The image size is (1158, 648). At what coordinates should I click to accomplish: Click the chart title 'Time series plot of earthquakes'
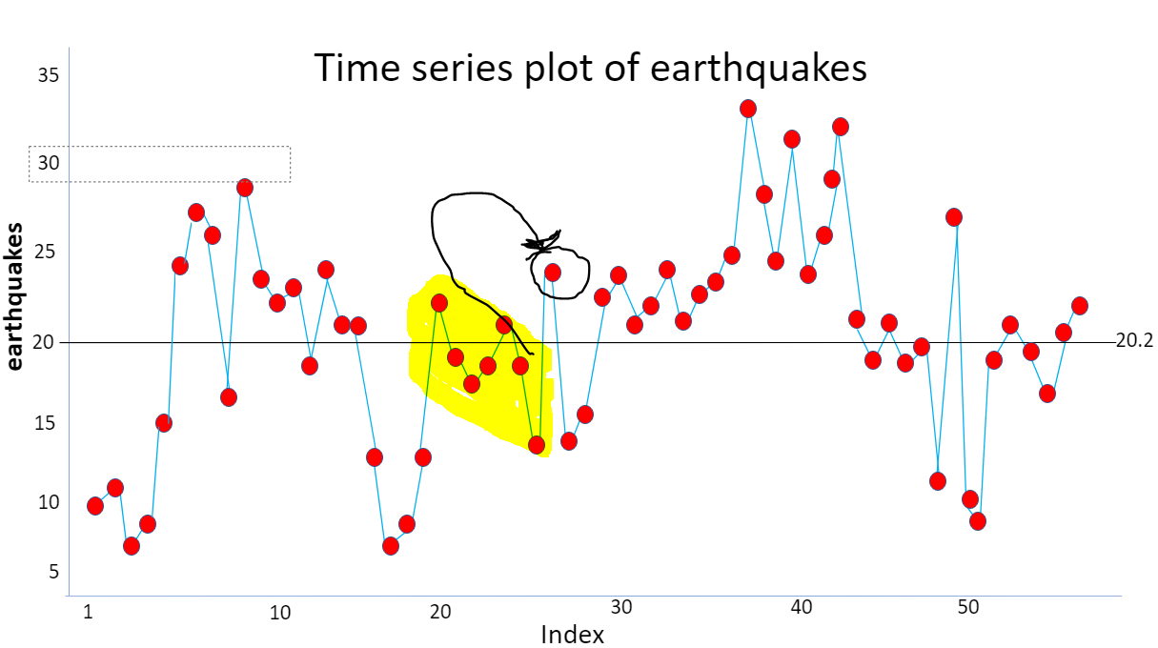tap(590, 68)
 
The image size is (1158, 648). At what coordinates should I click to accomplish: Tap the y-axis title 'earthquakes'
tap(14, 296)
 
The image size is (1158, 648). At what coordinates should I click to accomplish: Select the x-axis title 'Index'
tap(572, 635)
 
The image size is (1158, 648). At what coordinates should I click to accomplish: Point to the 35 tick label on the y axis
tap(48, 75)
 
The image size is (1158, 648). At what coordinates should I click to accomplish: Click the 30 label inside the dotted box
tap(48, 163)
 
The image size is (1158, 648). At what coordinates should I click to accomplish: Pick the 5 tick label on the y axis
tap(53, 572)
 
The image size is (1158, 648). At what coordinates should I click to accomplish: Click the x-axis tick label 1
tap(88, 611)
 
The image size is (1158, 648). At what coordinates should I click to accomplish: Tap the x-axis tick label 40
tap(802, 607)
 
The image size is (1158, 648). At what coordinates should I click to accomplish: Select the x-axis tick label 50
tap(968, 607)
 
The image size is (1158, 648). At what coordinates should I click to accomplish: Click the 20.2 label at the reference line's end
tap(1134, 340)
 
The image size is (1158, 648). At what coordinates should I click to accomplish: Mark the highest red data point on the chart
tap(748, 109)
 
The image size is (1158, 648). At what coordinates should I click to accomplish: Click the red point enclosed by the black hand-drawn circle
tap(553, 273)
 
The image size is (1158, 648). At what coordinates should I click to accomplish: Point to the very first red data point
tap(95, 506)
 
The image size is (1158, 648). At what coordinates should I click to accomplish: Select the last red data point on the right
tap(1080, 305)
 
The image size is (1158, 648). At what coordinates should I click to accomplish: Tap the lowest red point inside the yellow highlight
tap(537, 444)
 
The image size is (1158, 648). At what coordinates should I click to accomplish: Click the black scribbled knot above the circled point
tap(541, 244)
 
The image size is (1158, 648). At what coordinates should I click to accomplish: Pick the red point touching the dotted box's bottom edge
tap(245, 188)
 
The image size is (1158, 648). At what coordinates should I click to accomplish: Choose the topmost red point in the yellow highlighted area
tap(439, 303)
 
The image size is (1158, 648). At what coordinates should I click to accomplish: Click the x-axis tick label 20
tap(440, 612)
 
